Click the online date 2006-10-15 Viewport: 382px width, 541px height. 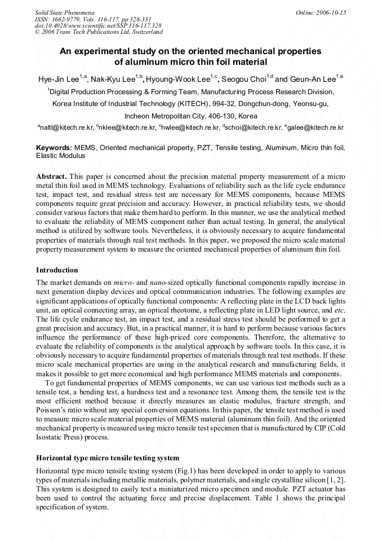pos(332,12)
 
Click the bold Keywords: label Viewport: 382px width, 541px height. pos(54,148)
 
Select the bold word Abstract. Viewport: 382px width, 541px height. pos(52,177)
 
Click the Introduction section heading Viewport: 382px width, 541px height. pos(57,270)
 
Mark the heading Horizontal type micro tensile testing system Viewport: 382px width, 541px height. pos(108,458)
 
